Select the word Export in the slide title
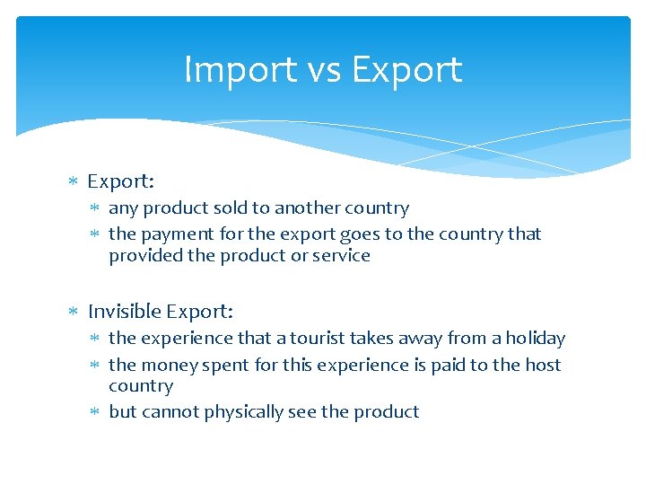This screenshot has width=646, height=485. (x=406, y=70)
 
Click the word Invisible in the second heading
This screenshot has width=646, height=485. (x=125, y=312)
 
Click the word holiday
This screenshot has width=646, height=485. (x=536, y=339)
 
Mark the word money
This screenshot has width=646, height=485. (x=164, y=365)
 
